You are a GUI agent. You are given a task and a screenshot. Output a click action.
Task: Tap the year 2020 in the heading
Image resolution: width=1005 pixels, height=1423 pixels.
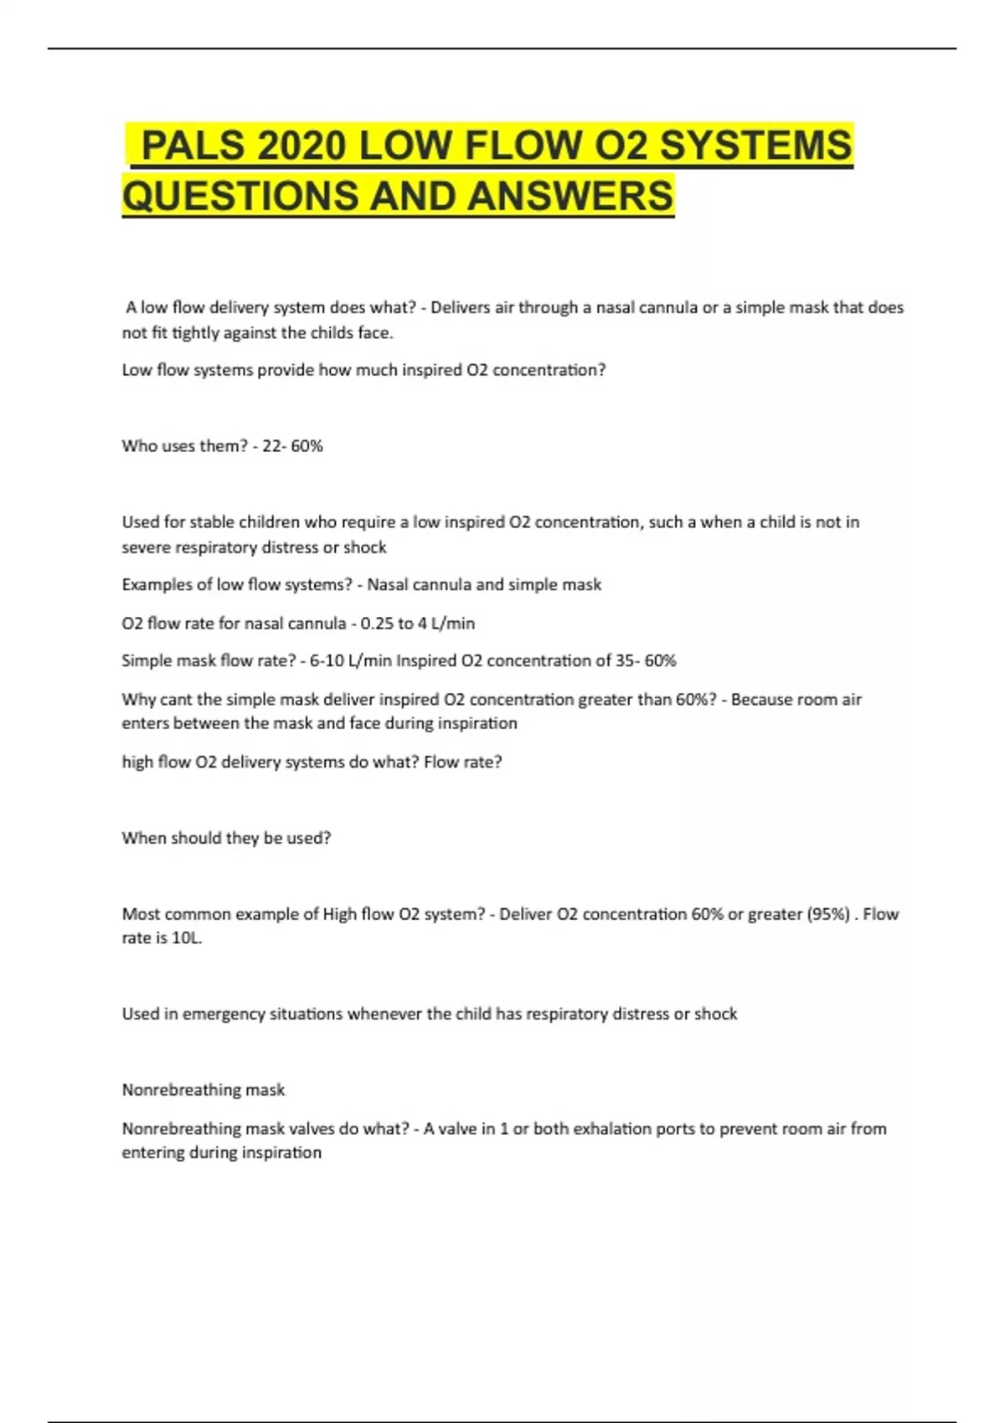[301, 146]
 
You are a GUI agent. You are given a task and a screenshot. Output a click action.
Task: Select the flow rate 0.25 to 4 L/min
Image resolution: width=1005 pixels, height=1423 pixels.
[418, 624]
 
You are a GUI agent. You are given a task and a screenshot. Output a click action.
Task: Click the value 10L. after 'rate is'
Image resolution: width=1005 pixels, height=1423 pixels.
[187, 938]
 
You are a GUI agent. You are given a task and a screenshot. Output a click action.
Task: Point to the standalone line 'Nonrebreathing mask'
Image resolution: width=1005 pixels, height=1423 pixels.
[204, 1090]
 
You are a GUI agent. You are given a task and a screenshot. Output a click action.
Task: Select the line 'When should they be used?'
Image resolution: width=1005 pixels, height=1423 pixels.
[226, 838]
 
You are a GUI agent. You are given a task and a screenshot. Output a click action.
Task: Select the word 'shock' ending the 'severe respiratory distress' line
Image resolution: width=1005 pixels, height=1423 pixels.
[364, 547]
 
